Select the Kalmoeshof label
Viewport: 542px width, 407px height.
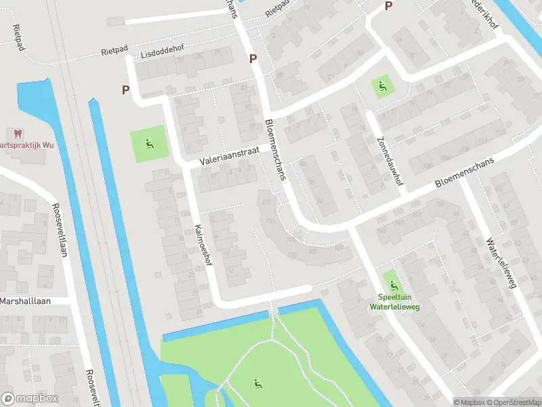click(x=204, y=245)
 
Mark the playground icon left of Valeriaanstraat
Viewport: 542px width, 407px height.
click(x=149, y=143)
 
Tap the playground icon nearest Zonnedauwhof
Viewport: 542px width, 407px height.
click(x=382, y=86)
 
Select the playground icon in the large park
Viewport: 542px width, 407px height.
click(x=257, y=384)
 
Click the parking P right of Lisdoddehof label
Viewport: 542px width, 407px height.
click(x=253, y=58)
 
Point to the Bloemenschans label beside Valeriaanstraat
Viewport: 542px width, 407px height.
click(x=276, y=151)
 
